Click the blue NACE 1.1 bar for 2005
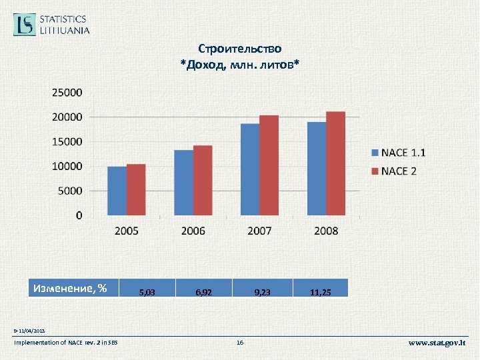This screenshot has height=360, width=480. pyautogui.click(x=117, y=191)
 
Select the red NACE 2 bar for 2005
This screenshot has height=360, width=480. pyautogui.click(x=136, y=189)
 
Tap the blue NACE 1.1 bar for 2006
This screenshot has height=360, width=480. pyautogui.click(x=183, y=183)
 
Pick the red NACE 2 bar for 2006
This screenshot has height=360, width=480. pyautogui.click(x=203, y=180)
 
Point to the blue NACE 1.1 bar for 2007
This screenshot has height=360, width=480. pyautogui.click(x=250, y=169)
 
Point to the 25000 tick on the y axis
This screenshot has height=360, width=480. pyautogui.click(x=67, y=92)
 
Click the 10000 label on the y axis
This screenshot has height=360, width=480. pyautogui.click(x=67, y=166)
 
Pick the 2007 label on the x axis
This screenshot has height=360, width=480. pyautogui.click(x=259, y=231)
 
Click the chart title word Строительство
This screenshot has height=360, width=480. pyautogui.click(x=240, y=49)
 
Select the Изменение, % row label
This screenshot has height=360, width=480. pyautogui.click(x=70, y=289)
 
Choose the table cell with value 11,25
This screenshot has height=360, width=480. pyautogui.click(x=320, y=292)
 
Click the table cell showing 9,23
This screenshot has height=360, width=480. pyautogui.click(x=262, y=292)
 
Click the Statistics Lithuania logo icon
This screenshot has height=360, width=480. pyautogui.click(x=25, y=24)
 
